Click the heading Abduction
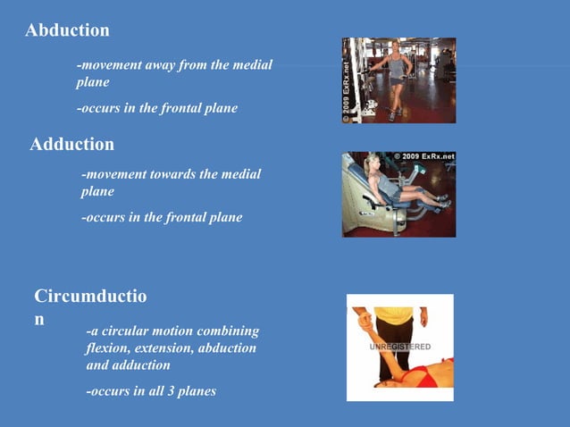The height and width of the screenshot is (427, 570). point(67,30)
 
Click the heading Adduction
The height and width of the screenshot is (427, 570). point(71,144)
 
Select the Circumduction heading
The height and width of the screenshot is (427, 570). point(89,297)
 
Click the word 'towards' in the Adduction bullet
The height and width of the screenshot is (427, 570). point(170,174)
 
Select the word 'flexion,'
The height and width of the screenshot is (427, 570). point(111,348)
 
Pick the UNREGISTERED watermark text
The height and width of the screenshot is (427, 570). point(400,347)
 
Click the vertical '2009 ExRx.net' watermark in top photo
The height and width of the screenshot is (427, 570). point(347,81)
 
